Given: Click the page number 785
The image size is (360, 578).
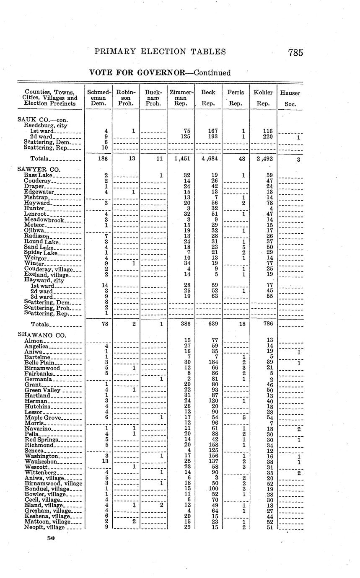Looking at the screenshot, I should (x=295, y=53).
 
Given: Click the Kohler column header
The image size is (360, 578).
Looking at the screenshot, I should (x=263, y=93).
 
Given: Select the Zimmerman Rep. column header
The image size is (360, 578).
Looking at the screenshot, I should (x=181, y=98).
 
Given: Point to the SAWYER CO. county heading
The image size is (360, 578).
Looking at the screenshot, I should (x=39, y=169).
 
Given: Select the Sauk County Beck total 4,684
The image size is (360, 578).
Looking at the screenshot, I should (x=208, y=159).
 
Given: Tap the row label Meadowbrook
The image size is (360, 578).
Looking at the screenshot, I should (x=44, y=219).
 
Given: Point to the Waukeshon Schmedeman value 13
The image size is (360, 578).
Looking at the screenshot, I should (x=107, y=461).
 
